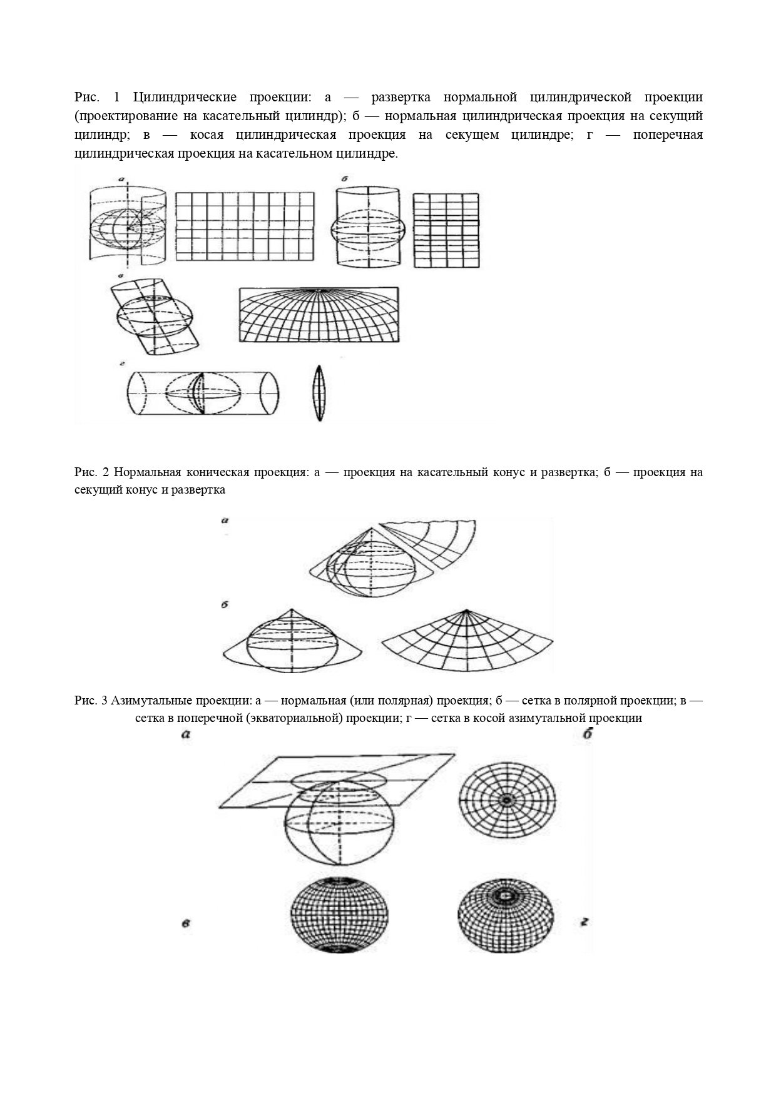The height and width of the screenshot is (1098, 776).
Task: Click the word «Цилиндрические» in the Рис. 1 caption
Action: [x=185, y=97]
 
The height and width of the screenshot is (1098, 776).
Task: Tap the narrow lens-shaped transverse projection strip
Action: [x=319, y=394]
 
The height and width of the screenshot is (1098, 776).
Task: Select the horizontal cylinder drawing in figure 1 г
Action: [x=202, y=393]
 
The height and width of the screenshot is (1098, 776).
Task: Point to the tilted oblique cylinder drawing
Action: [x=155, y=317]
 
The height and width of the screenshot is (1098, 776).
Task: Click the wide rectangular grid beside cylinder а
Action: [x=245, y=226]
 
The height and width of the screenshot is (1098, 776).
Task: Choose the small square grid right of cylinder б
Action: [x=446, y=230]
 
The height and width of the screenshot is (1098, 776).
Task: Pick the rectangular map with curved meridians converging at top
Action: [x=319, y=315]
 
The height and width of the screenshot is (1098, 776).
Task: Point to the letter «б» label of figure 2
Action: [x=224, y=605]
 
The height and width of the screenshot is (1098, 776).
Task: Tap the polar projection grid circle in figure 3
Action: [x=507, y=800]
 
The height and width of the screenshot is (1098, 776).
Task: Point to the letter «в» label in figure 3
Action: [x=186, y=923]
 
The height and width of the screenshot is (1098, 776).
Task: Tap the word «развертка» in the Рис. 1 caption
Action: [x=401, y=97]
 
